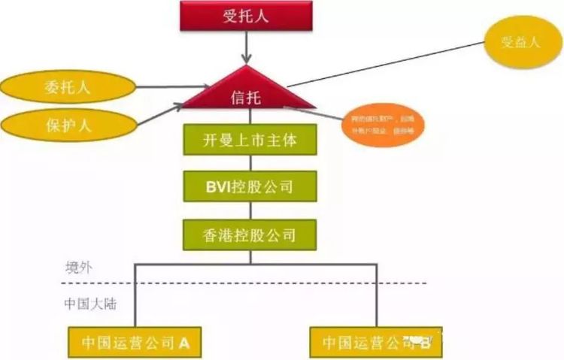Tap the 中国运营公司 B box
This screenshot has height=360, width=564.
point(377,343)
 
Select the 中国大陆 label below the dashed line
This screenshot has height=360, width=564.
point(88,305)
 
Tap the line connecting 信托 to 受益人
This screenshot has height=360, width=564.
point(384,64)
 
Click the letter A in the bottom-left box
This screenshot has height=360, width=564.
point(184,343)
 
